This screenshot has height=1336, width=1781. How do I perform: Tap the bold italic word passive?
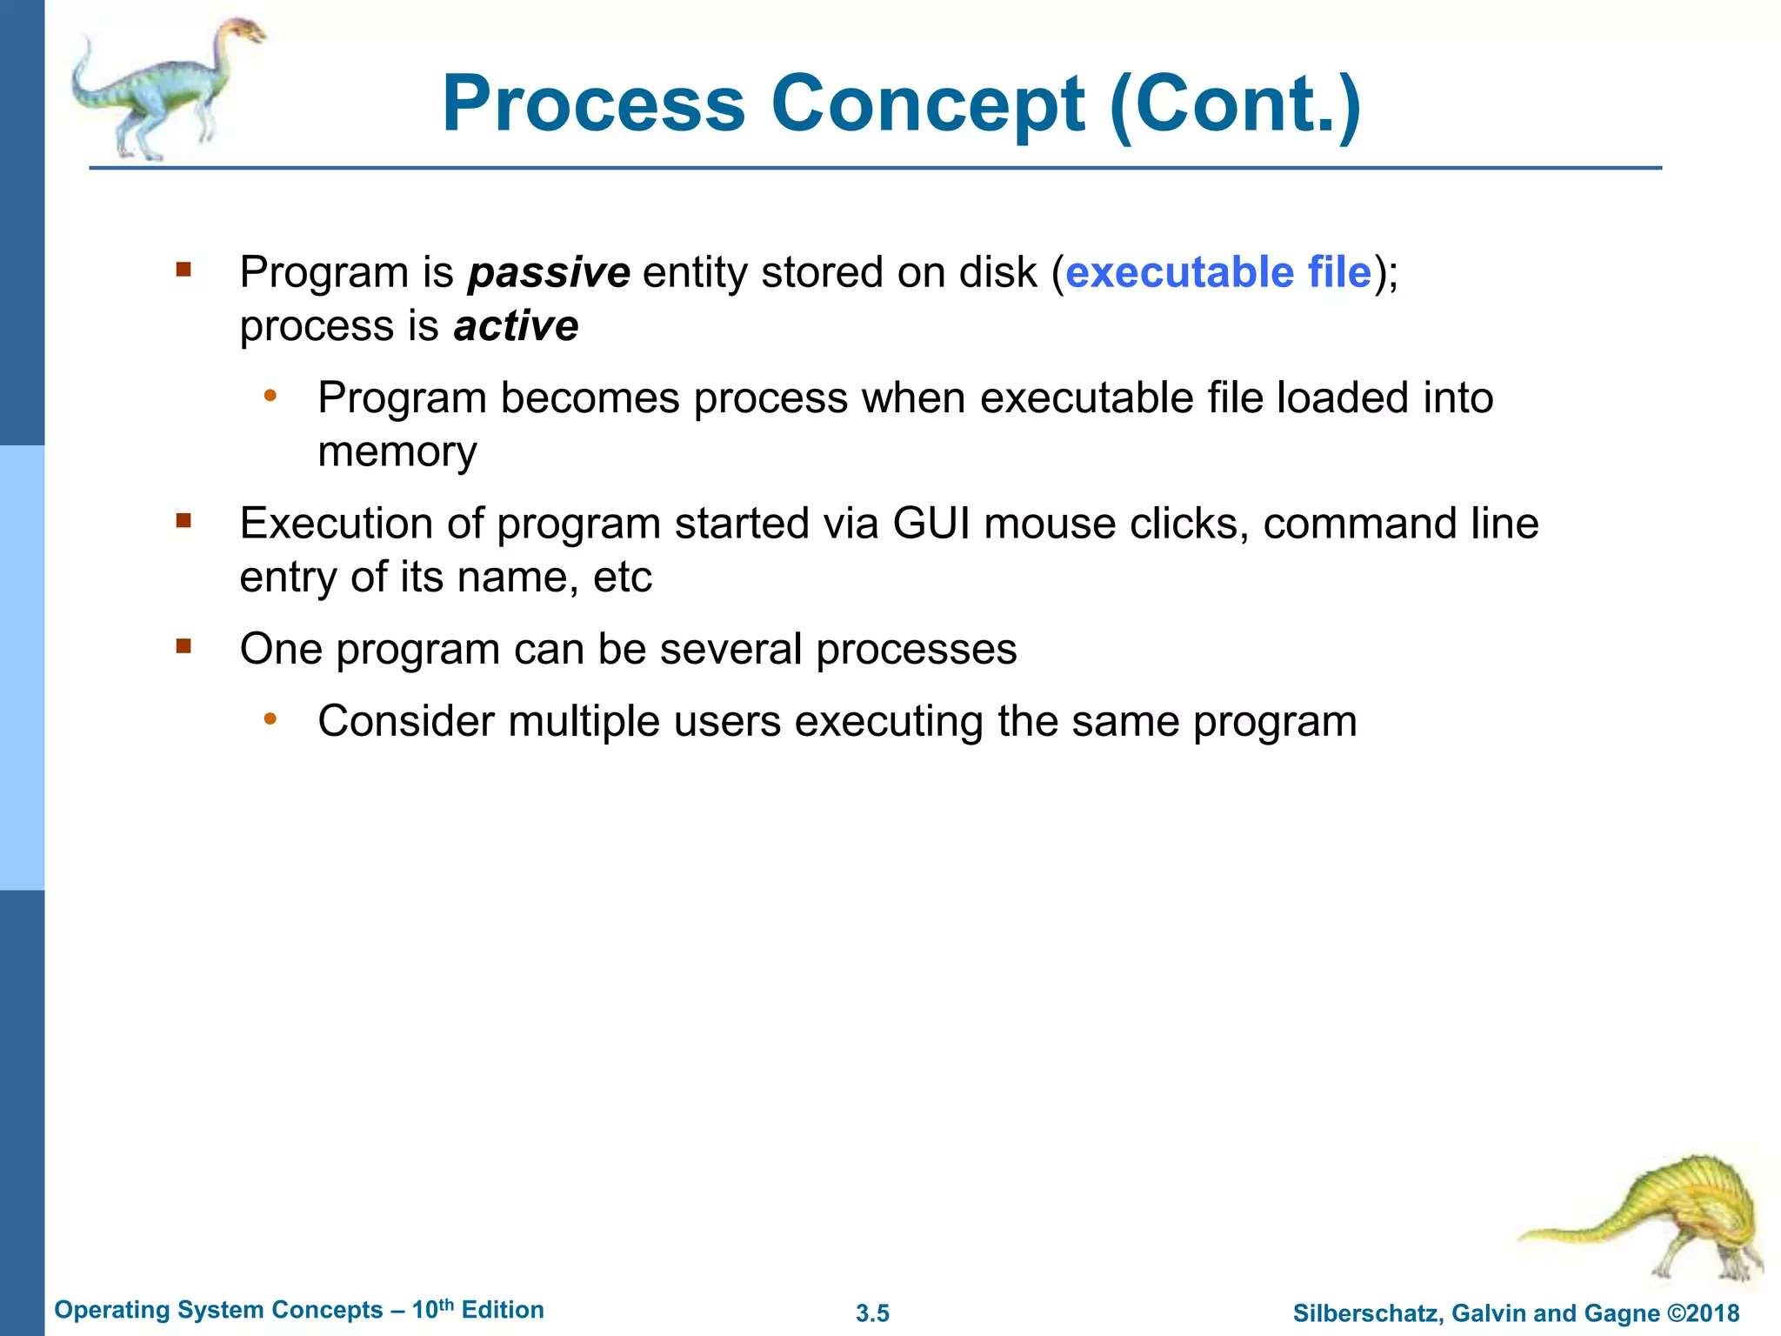tap(549, 273)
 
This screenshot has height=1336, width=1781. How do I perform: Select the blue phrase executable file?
tap(1217, 272)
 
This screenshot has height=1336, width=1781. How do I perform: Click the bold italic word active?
tap(516, 327)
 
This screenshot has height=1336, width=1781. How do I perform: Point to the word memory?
tap(397, 452)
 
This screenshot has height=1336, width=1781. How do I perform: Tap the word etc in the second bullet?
tap(623, 578)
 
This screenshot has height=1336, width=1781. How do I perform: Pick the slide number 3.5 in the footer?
tap(872, 1313)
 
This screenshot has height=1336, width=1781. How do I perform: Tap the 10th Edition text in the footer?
tap(477, 1310)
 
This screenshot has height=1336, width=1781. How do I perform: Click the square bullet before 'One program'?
tap(183, 646)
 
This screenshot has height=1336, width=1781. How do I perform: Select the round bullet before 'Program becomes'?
tap(270, 397)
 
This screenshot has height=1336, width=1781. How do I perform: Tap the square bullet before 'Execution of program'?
tap(183, 521)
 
